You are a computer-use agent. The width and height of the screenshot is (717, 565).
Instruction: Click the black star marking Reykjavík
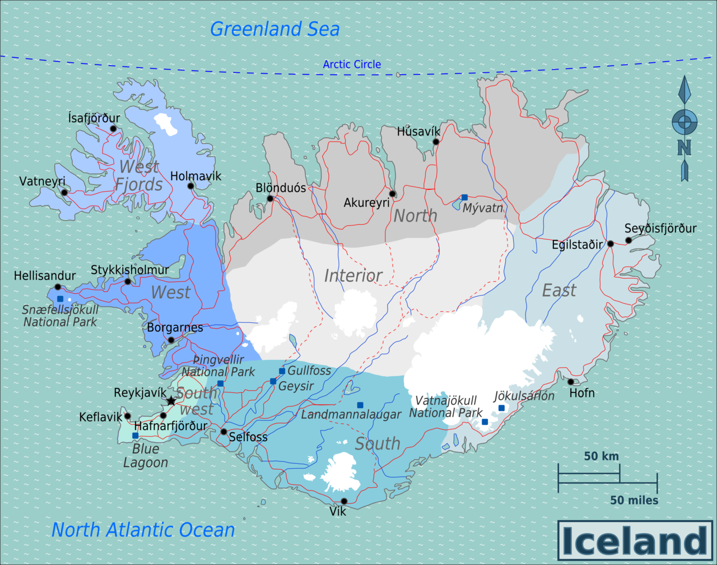[171, 401]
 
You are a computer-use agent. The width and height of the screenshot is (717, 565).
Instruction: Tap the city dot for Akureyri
[393, 194]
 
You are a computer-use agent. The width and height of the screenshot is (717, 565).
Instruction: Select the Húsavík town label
[418, 132]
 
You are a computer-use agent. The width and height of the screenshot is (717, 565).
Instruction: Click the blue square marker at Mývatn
[464, 197]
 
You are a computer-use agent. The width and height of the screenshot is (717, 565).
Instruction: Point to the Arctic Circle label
[352, 64]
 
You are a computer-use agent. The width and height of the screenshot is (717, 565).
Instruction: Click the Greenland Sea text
[274, 29]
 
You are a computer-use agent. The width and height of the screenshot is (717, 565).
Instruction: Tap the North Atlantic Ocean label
[143, 530]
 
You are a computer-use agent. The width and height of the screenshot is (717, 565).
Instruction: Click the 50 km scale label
[601, 456]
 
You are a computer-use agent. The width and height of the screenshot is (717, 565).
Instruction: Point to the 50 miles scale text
[634, 500]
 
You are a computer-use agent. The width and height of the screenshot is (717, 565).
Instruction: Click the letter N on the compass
[684, 147]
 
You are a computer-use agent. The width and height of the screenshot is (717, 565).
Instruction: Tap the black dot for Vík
[344, 501]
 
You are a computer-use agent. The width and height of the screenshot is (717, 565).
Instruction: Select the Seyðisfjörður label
[660, 228]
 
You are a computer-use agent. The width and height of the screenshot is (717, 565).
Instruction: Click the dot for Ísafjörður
[113, 128]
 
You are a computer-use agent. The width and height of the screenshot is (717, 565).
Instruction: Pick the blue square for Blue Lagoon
[135, 436]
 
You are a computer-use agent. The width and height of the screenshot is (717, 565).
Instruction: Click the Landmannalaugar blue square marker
[360, 405]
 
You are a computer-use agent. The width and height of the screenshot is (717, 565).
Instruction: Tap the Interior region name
[353, 275]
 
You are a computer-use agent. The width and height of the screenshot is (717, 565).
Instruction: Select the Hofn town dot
[571, 382]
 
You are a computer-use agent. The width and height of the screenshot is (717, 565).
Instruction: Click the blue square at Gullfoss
[282, 371]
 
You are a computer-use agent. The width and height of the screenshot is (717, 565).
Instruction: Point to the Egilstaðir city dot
[611, 244]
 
